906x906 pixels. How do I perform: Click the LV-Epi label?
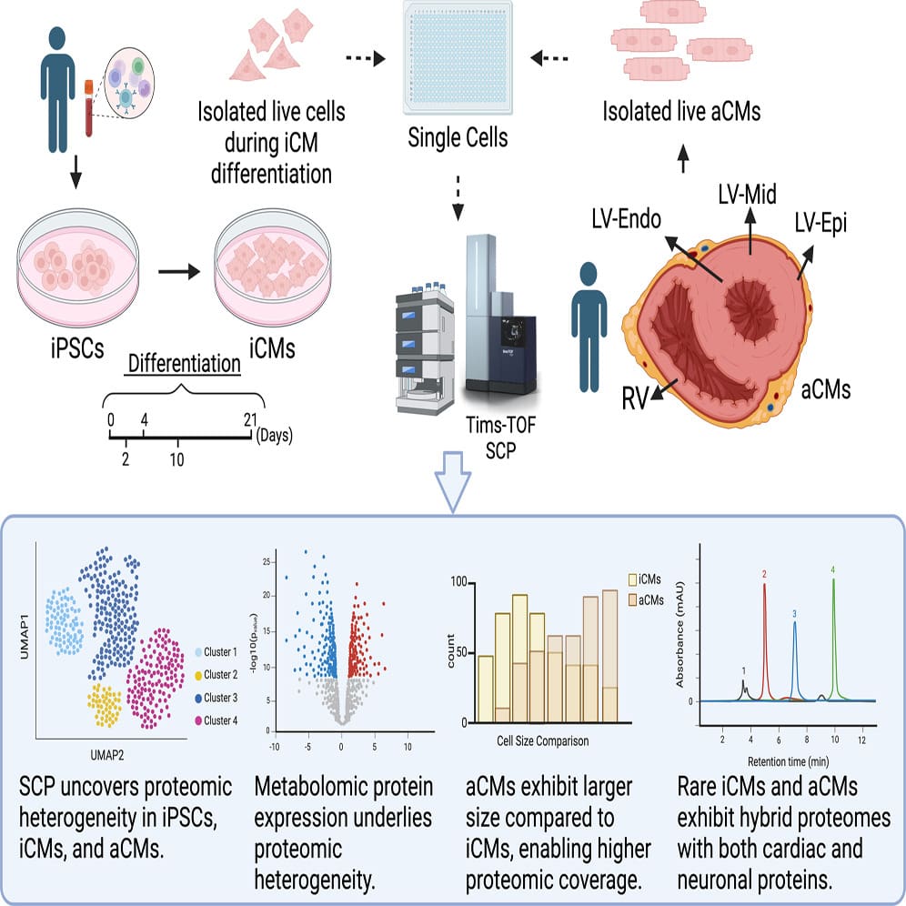pyautogui.click(x=819, y=223)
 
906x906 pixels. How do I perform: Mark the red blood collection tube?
pyautogui.click(x=89, y=109)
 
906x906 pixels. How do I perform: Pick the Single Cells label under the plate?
pyautogui.click(x=457, y=139)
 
